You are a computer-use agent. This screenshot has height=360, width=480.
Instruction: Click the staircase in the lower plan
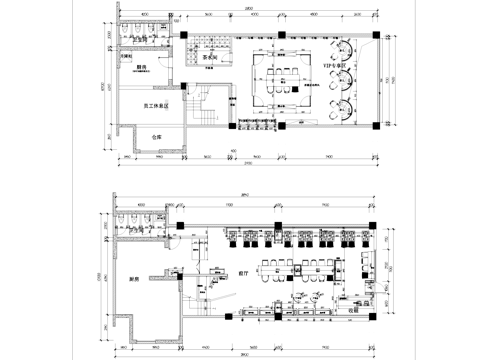point(209,290)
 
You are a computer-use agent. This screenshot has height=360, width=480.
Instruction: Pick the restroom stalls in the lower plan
point(140,221)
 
